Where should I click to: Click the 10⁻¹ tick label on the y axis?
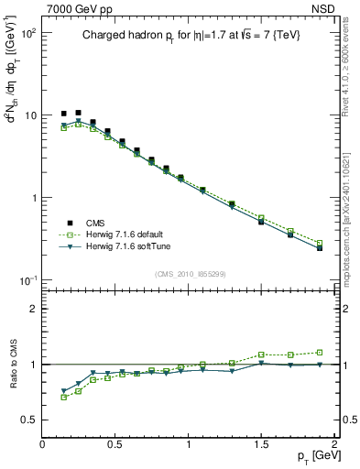point(26,279)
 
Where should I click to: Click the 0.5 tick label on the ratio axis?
point(28,420)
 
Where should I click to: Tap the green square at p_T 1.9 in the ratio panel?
point(320,352)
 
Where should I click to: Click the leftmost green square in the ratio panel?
point(64,397)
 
